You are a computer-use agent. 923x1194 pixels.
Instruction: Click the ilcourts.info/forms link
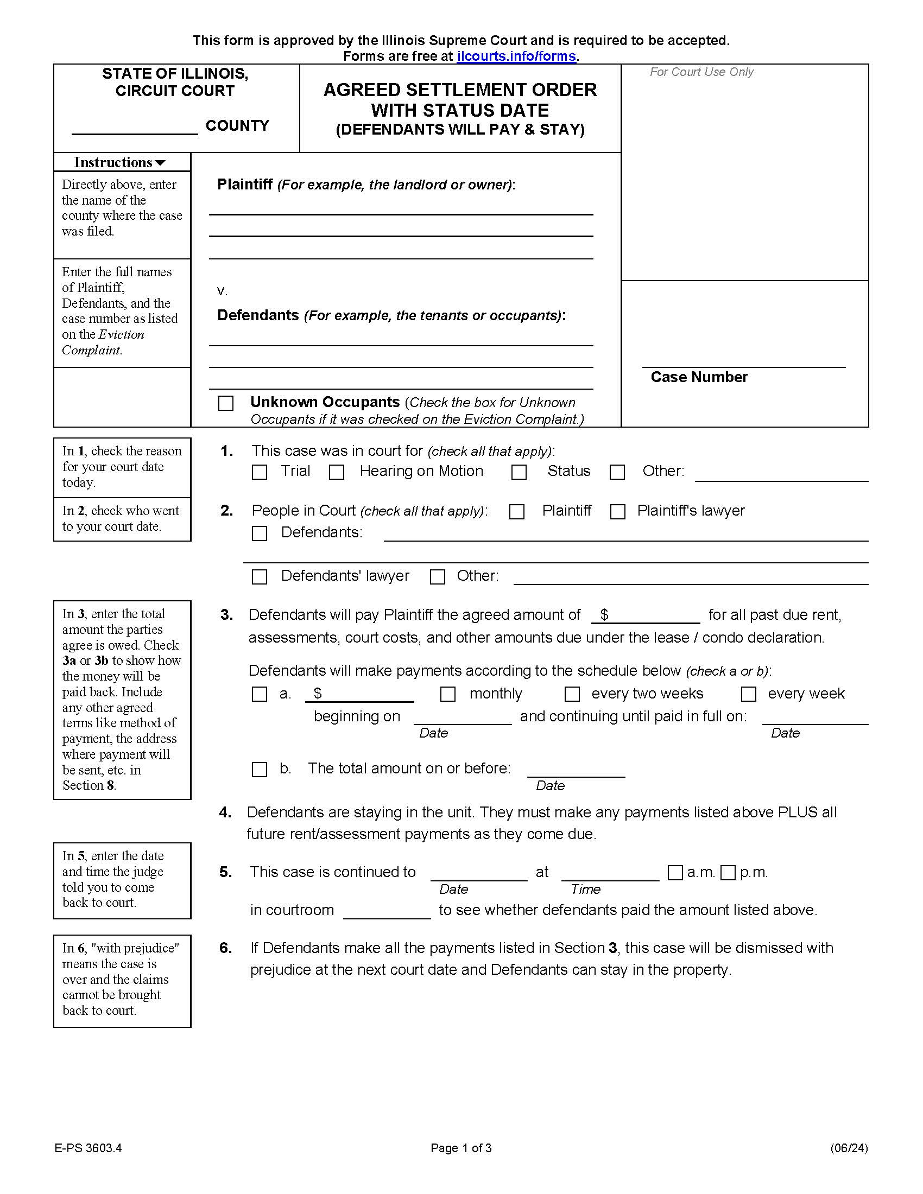[516, 56]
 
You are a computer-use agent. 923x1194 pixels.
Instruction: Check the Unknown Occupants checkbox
[226, 403]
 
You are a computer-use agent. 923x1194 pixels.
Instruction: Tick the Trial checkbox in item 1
[259, 472]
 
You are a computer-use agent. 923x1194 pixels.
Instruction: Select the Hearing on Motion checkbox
[337, 472]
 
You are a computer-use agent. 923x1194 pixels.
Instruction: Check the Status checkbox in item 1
[519, 472]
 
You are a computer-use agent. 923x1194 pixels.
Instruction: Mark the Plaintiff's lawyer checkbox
[618, 512]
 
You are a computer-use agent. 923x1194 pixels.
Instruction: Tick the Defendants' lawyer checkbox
[259, 577]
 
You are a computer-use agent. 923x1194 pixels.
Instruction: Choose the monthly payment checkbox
[448, 694]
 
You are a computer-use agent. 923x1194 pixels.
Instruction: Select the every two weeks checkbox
[572, 694]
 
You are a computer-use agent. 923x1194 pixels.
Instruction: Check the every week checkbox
[749, 694]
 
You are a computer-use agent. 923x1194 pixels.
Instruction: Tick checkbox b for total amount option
[259, 770]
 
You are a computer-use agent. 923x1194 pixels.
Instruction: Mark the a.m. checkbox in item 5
[675, 873]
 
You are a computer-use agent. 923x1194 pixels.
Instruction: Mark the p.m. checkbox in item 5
[728, 873]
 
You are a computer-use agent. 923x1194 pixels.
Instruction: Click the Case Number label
[699, 377]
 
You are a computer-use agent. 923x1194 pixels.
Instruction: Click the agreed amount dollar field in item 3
[650, 615]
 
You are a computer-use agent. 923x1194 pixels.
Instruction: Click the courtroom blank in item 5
[387, 911]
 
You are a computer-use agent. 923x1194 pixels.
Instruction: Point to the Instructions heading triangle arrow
[160, 163]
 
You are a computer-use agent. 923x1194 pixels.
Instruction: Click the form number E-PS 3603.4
[88, 1148]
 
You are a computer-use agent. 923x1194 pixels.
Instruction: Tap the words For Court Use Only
[701, 72]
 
